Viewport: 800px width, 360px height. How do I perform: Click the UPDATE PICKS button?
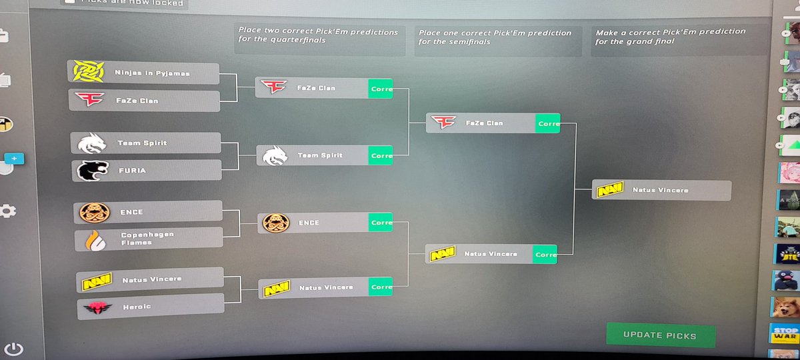[x=660, y=335]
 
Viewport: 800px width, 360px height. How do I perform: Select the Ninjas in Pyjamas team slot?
[x=143, y=73]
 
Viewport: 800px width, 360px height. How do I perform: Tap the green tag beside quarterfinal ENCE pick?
[x=381, y=223]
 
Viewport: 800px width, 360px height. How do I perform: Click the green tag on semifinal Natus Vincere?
[x=545, y=254]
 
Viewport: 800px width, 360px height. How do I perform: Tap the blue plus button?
[x=13, y=159]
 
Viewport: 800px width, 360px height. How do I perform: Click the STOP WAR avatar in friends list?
[x=785, y=333]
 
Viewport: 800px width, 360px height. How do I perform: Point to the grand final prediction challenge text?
[x=670, y=37]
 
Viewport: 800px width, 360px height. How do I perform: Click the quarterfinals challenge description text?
[x=318, y=37]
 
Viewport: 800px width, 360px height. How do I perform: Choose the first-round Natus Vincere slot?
[x=150, y=280]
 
